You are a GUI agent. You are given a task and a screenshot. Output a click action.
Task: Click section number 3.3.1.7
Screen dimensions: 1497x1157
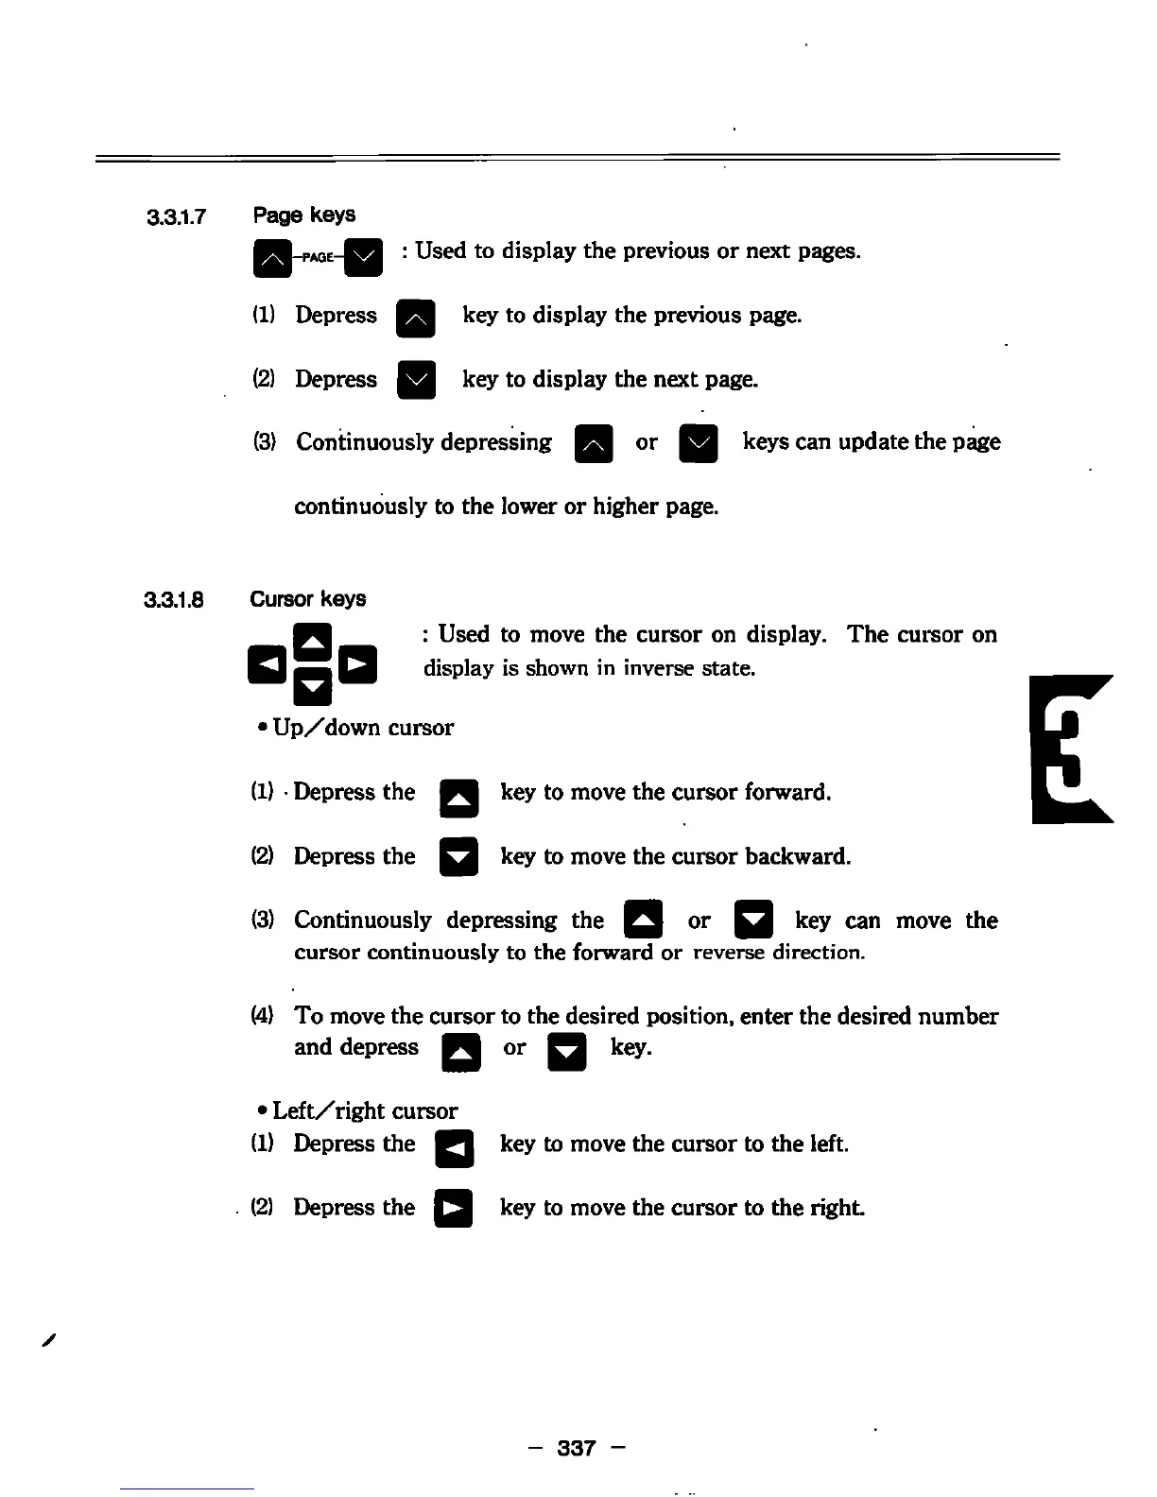[177, 218]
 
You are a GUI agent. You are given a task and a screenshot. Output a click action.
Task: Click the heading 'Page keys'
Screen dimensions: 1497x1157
[303, 215]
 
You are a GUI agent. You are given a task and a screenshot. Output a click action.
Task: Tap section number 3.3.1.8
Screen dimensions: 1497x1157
[175, 601]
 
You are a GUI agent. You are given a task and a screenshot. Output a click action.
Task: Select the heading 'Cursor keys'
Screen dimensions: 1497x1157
[307, 599]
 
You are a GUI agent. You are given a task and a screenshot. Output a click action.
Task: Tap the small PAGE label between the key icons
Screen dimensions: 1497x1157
[317, 257]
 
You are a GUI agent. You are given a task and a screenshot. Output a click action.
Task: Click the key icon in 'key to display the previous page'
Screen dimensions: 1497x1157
[416, 318]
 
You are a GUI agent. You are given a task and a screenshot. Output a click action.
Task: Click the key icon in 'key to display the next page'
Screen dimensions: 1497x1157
[416, 381]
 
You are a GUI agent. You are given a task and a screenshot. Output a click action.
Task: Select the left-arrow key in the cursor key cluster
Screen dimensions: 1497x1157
[267, 664]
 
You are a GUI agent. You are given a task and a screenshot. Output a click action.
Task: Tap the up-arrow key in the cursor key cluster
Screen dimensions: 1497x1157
[312, 642]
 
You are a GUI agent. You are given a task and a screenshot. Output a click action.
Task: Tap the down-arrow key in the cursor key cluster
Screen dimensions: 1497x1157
[312, 687]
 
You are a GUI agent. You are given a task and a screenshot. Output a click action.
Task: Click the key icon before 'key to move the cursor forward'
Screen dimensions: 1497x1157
[459, 799]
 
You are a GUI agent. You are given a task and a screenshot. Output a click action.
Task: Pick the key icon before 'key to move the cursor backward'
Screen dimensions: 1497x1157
[459, 858]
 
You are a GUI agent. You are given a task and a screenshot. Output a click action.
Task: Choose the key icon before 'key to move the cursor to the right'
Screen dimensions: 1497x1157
[453, 1210]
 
